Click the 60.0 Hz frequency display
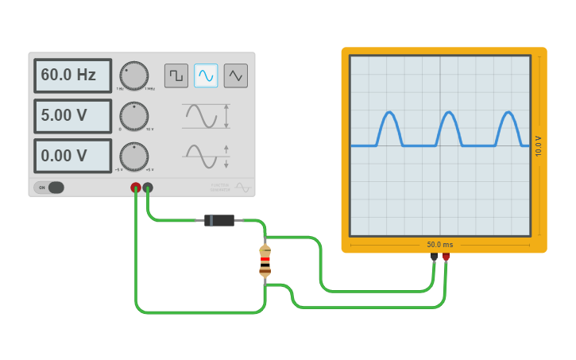tap(72, 75)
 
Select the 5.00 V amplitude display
tap(72, 116)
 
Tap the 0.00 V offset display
tap(72, 156)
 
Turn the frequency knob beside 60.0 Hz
tap(133, 75)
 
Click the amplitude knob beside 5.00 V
tap(133, 116)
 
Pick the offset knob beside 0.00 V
tap(133, 156)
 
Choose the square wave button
tap(176, 75)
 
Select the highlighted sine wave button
tap(206, 75)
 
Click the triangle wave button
tap(236, 75)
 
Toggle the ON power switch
tap(49, 188)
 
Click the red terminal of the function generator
tap(136, 188)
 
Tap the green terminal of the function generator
tap(148, 188)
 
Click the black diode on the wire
tap(218, 220)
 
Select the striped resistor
tap(265, 261)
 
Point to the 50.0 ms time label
tap(440, 245)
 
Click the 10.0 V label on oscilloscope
tap(539, 145)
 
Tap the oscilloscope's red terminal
tap(446, 257)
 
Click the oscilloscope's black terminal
tap(434, 257)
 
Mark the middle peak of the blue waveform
tap(449, 113)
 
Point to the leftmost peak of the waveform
tap(389, 113)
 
